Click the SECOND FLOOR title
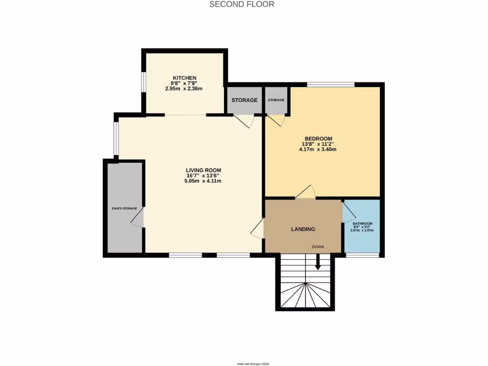click(242, 4)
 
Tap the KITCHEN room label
click(184, 78)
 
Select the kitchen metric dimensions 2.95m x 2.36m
click(184, 89)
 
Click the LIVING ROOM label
click(203, 170)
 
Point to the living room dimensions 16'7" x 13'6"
click(203, 175)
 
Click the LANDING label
click(303, 229)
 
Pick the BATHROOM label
click(362, 224)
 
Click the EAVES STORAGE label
click(124, 209)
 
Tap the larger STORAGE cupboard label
click(244, 101)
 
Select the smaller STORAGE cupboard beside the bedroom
click(276, 100)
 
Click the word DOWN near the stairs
click(318, 247)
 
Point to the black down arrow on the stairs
click(318, 264)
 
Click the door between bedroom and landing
click(305, 193)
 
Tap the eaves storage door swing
click(137, 219)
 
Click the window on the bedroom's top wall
click(331, 84)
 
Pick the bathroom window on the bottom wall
click(362, 255)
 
